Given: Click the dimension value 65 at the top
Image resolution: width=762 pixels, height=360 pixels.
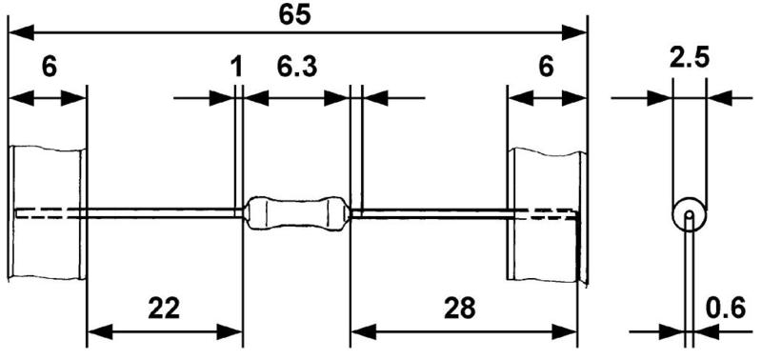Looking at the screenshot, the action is [294, 14].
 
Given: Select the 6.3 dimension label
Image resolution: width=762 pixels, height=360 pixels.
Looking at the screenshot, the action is [297, 68].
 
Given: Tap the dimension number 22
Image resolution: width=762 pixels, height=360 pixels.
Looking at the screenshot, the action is [164, 309].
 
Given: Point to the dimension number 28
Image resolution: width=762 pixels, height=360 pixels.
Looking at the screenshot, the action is [459, 309].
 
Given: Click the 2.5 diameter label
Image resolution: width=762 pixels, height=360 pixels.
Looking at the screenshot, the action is [689, 59].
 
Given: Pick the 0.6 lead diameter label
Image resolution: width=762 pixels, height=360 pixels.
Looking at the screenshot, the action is [725, 309].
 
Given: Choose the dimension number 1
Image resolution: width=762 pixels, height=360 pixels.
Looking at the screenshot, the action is [236, 68].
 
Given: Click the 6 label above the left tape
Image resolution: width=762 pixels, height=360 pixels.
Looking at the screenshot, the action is [50, 68].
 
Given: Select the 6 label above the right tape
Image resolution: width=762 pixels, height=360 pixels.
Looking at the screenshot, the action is [547, 68].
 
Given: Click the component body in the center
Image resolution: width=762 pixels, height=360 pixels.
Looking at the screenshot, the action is [297, 212].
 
